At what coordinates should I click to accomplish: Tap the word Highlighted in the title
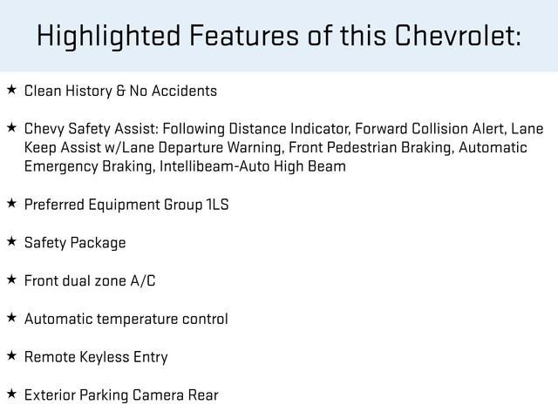click(109, 36)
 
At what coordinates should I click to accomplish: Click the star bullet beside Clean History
click(11, 90)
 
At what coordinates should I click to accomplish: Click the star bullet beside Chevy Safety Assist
click(11, 128)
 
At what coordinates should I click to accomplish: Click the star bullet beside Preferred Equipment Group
click(11, 204)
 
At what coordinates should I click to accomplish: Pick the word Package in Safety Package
click(99, 243)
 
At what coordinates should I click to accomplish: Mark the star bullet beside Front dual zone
click(11, 280)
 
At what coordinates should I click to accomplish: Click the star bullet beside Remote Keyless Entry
click(11, 356)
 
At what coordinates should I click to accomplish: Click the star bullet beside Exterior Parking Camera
click(11, 394)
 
